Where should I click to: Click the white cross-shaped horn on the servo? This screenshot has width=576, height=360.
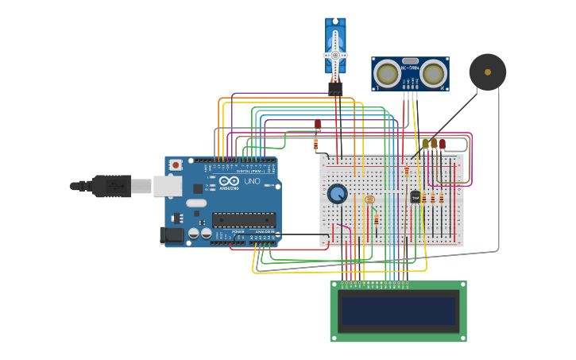335,55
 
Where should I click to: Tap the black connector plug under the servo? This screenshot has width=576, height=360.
335,89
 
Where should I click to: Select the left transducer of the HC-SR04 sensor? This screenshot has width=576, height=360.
387,74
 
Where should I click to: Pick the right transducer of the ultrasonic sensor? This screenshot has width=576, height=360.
433,74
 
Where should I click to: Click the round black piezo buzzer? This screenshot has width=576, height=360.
487,72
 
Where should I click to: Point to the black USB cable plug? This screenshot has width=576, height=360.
111,186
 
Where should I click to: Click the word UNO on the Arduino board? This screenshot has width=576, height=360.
251,181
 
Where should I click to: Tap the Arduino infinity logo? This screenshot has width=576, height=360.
229,180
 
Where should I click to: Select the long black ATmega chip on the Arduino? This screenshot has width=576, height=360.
243,219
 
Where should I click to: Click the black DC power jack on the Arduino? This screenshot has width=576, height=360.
171,235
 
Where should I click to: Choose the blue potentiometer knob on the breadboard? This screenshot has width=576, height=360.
338,194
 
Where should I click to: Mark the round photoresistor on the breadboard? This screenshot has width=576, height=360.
369,199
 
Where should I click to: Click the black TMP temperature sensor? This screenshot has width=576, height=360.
415,196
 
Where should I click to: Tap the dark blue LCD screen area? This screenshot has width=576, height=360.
398,311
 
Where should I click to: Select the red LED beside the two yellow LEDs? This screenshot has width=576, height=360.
443,145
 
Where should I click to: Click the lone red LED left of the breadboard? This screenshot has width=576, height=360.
317,125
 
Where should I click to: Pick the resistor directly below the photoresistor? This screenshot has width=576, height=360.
376,219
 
